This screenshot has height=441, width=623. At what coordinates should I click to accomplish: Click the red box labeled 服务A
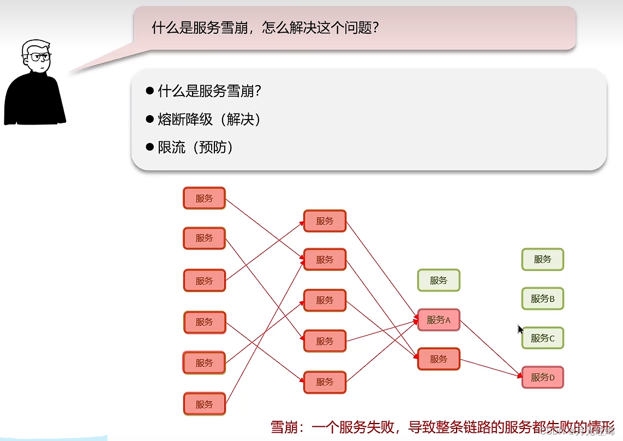pos(439,320)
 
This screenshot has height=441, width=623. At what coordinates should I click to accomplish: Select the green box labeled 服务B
pos(542,299)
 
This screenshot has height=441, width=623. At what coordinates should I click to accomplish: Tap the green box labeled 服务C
pos(542,338)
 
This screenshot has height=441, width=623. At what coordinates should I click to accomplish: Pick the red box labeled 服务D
pos(542,377)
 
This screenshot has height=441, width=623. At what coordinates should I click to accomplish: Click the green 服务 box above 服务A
pos(439,281)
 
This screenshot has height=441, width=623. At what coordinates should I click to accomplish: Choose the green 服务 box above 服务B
pos(542,259)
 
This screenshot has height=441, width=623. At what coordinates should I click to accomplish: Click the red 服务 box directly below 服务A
pos(439,359)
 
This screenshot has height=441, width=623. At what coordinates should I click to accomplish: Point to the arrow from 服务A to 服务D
pos(491,349)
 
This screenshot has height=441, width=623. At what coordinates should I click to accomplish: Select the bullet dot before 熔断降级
pos(150,119)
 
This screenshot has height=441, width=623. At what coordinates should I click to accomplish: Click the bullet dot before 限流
pos(150,147)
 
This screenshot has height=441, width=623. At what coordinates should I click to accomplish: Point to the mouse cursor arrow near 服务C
pos(520,329)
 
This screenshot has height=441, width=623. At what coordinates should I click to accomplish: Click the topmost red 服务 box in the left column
pos(204,198)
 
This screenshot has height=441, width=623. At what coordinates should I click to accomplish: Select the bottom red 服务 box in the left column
pos(204,404)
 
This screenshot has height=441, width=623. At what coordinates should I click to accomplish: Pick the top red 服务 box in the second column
pos(325,221)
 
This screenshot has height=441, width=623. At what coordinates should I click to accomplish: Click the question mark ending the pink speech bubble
pos(374,28)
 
